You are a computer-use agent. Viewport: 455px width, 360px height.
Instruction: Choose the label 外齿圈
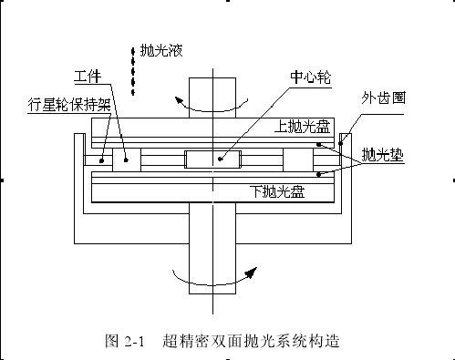[x=387, y=97]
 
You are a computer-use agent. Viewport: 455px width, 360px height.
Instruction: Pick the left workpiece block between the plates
[x=128, y=159]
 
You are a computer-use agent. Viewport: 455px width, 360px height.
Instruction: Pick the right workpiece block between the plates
[x=299, y=159]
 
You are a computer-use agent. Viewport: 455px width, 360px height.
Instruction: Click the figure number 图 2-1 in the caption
[x=125, y=342]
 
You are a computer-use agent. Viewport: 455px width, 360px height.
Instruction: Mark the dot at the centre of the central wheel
[x=218, y=159]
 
